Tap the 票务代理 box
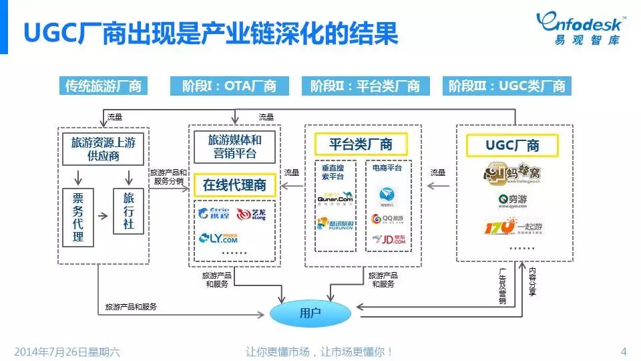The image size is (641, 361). tap(79, 216)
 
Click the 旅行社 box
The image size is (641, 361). tap(128, 211)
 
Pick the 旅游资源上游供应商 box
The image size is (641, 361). tap(104, 148)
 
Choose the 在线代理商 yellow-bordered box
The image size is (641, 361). tap(234, 185)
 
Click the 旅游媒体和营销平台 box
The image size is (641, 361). tap(234, 147)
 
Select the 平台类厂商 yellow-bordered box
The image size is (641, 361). tap(361, 144)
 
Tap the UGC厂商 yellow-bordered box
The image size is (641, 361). tap(512, 145)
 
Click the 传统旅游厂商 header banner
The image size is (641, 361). tap(103, 86)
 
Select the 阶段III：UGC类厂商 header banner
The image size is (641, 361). tap(507, 86)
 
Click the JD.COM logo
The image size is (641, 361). tap(388, 239)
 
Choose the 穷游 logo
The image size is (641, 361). tap(513, 199)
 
